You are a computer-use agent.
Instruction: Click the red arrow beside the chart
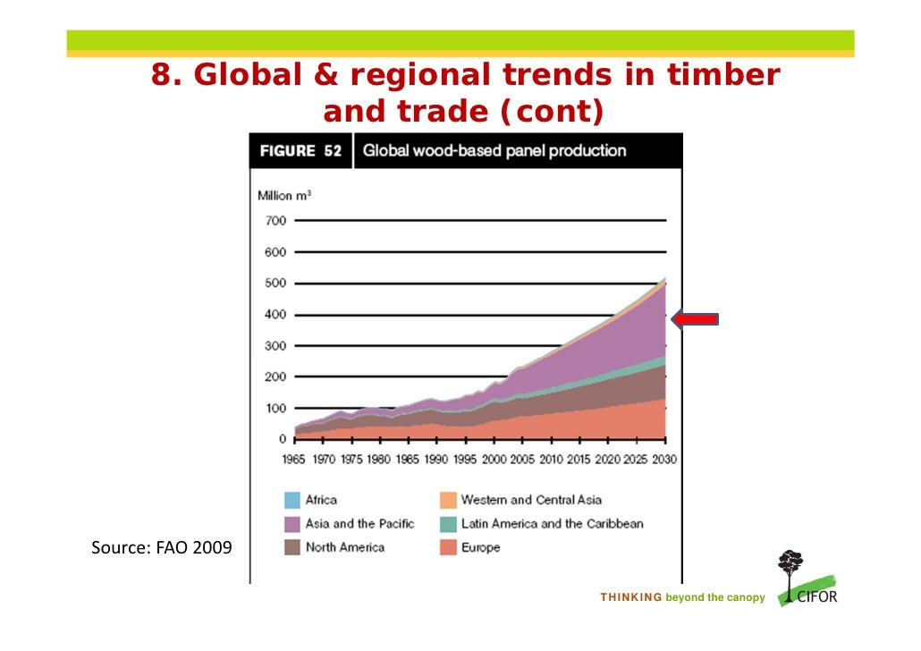tap(695, 320)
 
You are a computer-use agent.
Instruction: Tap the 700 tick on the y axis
tap(275, 221)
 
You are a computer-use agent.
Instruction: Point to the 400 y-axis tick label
tap(275, 315)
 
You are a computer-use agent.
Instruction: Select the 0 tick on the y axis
tap(282, 439)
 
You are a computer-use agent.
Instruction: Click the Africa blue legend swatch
tap(292, 501)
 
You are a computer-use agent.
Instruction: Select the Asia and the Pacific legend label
tap(359, 524)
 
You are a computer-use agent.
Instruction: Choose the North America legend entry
tap(344, 547)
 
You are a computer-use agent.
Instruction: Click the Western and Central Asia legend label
tap(531, 501)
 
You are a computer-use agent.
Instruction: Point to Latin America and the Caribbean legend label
tap(552, 524)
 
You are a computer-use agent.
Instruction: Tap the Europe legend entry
tap(480, 547)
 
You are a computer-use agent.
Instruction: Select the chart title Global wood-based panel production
tap(494, 151)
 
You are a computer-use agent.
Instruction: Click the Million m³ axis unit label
tap(284, 196)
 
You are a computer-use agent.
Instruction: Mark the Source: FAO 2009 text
tap(161, 547)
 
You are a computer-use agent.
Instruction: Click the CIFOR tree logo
tap(790, 572)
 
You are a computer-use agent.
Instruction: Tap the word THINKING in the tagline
tap(630, 597)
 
